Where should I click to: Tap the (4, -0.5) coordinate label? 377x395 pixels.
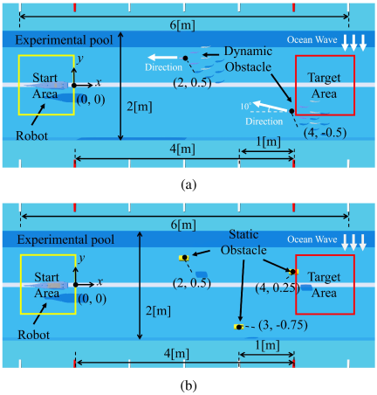(325, 133)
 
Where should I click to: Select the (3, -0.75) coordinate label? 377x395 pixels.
(283, 325)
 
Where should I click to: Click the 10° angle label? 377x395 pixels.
(245, 107)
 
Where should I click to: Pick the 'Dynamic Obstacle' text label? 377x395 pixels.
(248, 59)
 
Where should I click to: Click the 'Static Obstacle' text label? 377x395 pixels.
(243, 242)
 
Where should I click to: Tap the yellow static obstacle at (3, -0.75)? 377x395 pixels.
(238, 327)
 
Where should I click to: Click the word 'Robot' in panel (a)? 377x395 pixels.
(31, 136)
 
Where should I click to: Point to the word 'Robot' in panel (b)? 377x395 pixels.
(34, 335)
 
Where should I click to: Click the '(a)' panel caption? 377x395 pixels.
(188, 184)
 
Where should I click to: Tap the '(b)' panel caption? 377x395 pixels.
(188, 386)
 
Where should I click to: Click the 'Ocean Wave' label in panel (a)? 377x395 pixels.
(312, 39)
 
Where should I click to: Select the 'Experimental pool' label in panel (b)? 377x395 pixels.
(65, 239)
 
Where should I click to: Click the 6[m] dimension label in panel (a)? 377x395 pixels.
(182, 25)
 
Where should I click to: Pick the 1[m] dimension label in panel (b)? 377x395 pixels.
(267, 345)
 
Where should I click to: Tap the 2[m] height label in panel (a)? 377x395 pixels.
(140, 107)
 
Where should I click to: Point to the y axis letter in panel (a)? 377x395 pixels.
(80, 59)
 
